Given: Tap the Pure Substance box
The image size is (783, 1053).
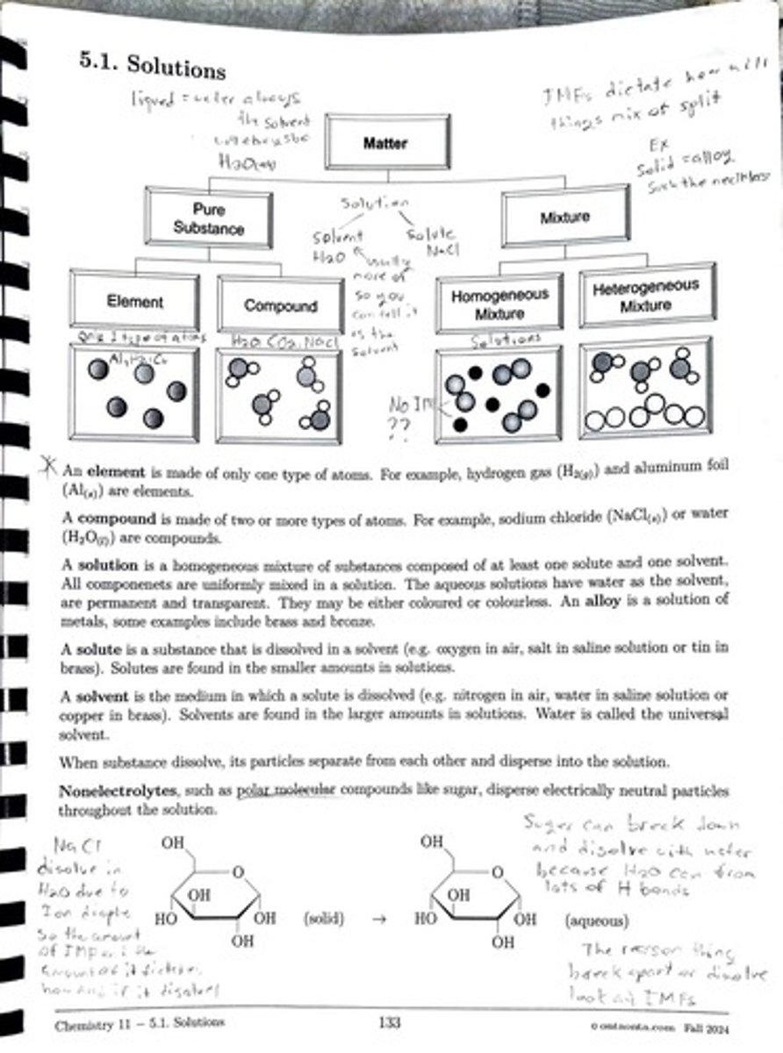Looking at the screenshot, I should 209,219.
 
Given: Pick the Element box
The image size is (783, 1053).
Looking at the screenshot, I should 134,302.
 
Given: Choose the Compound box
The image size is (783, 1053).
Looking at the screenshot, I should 280,306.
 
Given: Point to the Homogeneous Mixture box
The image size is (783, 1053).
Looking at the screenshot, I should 499,304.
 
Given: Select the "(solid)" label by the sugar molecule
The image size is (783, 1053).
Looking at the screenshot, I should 324,920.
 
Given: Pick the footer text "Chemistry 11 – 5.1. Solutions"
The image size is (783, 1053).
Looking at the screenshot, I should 139,1023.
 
